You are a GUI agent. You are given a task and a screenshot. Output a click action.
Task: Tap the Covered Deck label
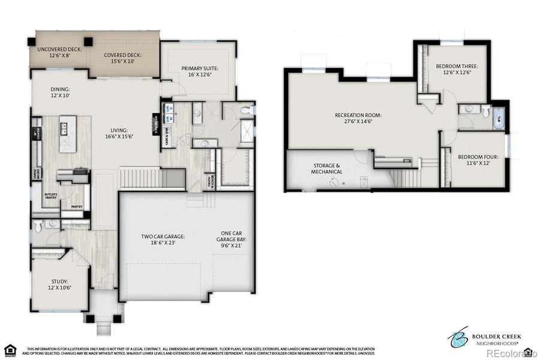click(x=123, y=58)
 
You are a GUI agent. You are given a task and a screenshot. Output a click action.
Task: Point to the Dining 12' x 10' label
click(x=60, y=92)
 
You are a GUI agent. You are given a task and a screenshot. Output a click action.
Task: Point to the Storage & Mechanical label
click(x=328, y=169)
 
